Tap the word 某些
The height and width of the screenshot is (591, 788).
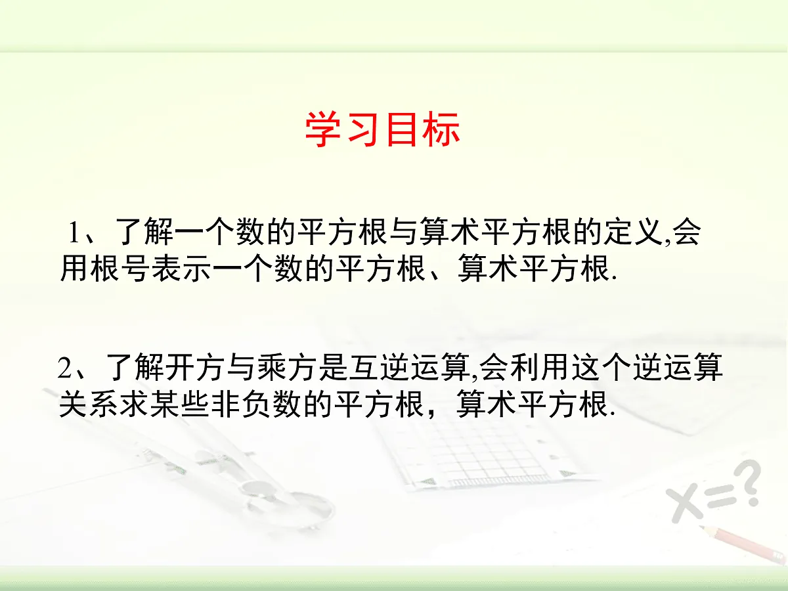click(178, 405)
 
